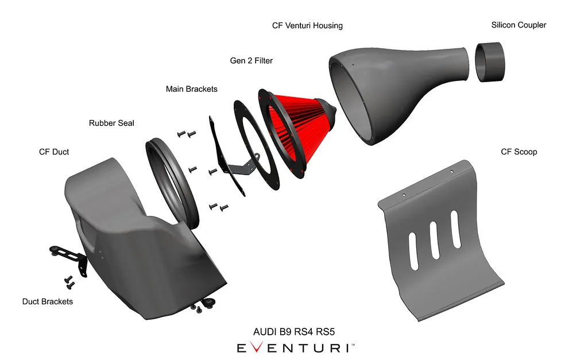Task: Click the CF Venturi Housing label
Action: [x=307, y=25]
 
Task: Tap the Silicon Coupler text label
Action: [x=519, y=25]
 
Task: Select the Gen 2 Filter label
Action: [x=252, y=60]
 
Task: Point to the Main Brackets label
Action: [x=192, y=89]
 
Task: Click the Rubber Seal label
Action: [x=111, y=123]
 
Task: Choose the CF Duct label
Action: [x=54, y=152]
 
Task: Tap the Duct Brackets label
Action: [x=48, y=301]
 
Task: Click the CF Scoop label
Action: [x=519, y=152]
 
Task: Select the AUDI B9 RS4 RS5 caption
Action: [x=294, y=331]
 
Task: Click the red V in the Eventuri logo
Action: [x=256, y=347]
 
